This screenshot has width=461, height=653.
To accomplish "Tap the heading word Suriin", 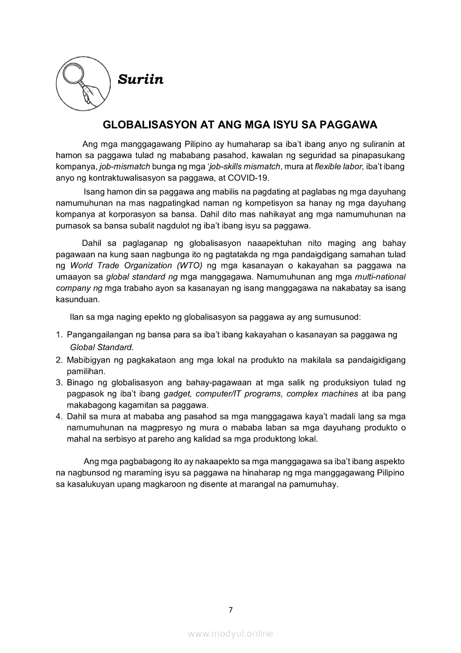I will pyautogui.click(x=141, y=80).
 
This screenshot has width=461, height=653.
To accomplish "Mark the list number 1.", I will pyautogui.click(x=59, y=335).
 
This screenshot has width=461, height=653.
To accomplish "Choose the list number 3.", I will pyautogui.click(x=59, y=383).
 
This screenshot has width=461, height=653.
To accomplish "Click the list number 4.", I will pyautogui.click(x=59, y=417).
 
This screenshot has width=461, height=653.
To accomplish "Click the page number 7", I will pyautogui.click(x=231, y=609).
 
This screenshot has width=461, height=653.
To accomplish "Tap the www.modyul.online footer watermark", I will pyautogui.click(x=231, y=633).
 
